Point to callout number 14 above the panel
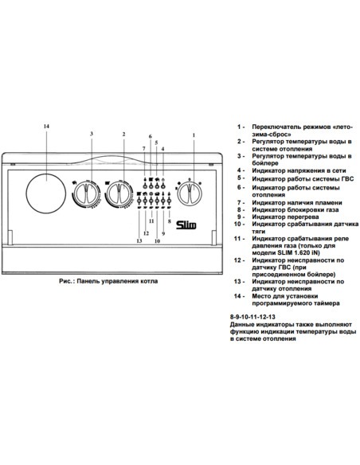click(46, 127)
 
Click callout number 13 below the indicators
click(139, 240)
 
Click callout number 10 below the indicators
click(157, 240)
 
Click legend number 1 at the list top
click(238, 127)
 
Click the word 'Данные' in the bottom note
click(241, 325)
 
